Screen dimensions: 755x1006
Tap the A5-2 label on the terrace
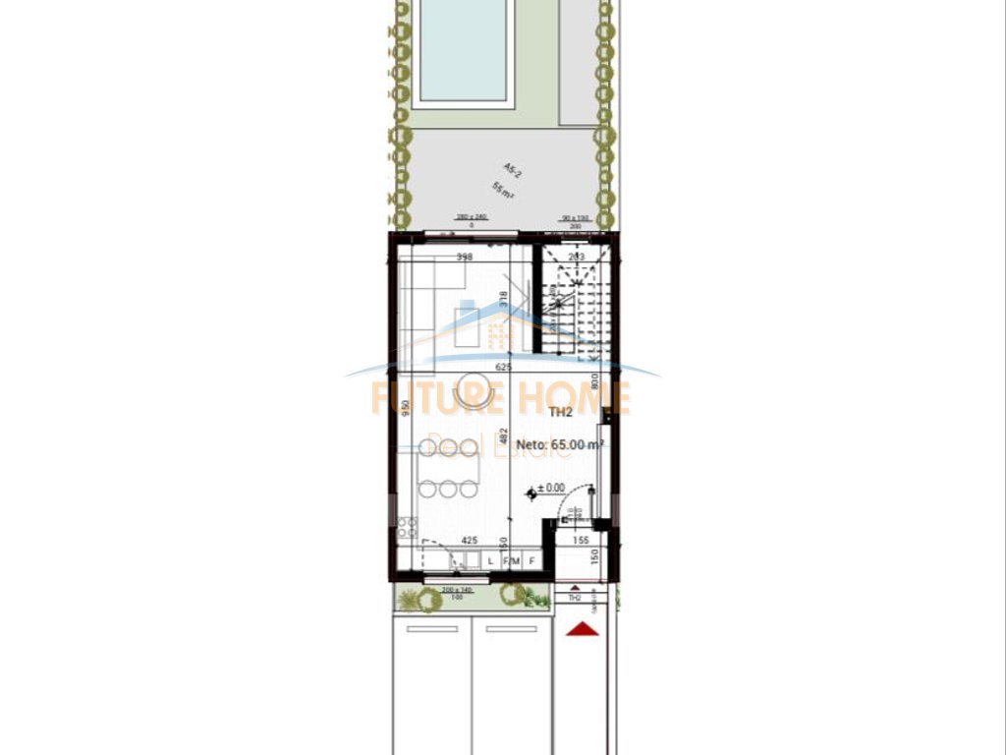click(513, 170)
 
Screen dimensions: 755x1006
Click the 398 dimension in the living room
click(465, 257)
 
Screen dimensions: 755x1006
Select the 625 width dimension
click(505, 367)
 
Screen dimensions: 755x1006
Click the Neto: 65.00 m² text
click(560, 444)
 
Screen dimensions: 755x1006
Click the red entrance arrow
click(582, 629)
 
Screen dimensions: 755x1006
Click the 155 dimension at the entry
click(580, 540)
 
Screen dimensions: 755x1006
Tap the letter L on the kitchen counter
click(490, 561)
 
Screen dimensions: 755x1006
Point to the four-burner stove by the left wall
click(407, 527)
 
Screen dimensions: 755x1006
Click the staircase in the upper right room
click(570, 300)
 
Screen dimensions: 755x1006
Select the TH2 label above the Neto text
click(561, 413)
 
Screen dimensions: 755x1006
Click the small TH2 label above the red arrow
click(576, 597)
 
